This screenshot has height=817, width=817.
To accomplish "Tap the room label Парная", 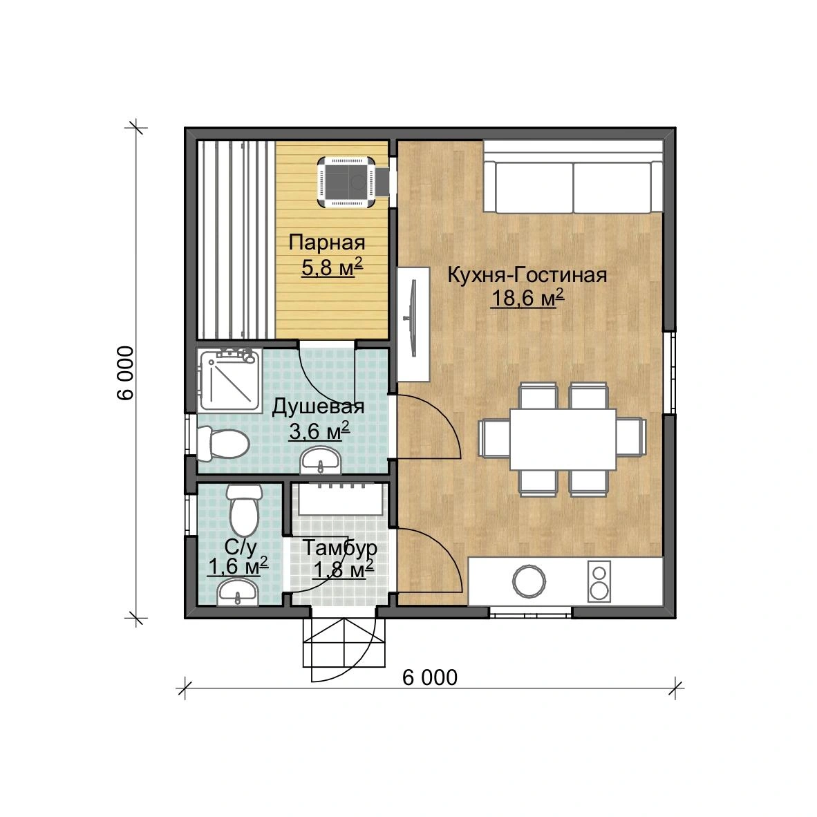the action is (327, 243).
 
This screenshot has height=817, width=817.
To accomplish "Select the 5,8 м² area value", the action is (331, 267).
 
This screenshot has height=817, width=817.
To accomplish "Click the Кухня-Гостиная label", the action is (527, 274).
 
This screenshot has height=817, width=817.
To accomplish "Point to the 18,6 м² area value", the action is (527, 298).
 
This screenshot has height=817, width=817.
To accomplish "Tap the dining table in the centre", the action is (563, 439).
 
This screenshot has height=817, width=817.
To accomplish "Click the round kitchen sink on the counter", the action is (529, 581).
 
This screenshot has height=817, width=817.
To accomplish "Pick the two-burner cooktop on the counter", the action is (599, 581).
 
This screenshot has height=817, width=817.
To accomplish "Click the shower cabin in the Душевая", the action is (229, 380).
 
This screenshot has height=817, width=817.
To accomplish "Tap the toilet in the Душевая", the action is (223, 444).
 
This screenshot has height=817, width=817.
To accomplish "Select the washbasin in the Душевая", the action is (321, 460).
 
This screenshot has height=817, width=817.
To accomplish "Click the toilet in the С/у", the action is (243, 510).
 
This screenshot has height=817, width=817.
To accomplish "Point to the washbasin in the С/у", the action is (238, 593).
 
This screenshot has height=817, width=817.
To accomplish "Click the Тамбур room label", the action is (339, 547).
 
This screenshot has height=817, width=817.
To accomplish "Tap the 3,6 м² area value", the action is (319, 431).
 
